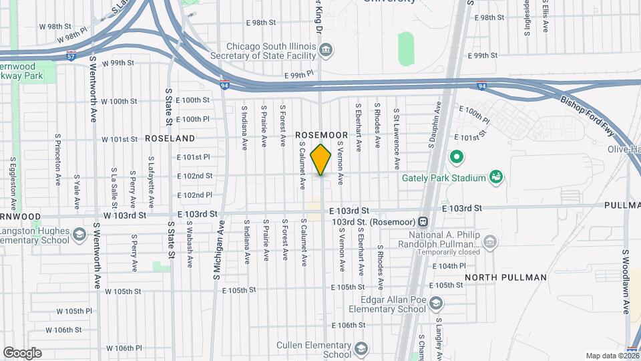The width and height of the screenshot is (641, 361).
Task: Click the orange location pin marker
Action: (321, 160)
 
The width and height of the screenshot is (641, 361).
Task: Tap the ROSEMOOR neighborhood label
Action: (323, 135)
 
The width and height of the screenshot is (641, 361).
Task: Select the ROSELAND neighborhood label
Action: (170, 138)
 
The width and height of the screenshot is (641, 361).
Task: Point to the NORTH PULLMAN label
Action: (505, 277)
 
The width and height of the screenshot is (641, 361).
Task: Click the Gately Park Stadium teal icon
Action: (496, 177)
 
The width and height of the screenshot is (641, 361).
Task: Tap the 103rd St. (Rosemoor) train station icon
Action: (423, 222)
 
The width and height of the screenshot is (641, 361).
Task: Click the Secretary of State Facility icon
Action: (326, 49)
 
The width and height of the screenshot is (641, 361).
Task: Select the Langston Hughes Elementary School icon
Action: (79, 235)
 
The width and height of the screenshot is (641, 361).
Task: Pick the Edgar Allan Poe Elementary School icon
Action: (436, 304)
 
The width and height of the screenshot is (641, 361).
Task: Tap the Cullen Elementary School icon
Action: (361, 349)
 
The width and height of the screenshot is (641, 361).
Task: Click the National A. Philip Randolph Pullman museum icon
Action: (489, 241)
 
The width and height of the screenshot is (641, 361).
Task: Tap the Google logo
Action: (22, 352)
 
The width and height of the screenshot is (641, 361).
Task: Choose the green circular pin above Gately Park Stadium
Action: (457, 158)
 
